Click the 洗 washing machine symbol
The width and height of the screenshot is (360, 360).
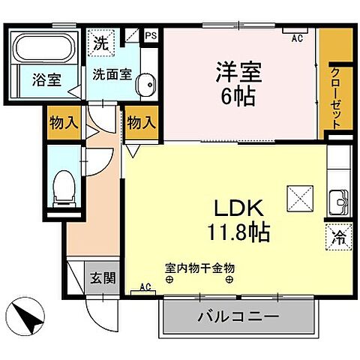coord(100,43)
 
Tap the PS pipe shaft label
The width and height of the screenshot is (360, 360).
coord(150,34)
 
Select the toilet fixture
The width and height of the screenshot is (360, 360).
coord(64,185)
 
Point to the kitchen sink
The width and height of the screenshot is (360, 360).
coord(338,202)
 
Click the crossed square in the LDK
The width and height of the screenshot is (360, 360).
coord(295,199)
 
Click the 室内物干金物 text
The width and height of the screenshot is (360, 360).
coord(199,266)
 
